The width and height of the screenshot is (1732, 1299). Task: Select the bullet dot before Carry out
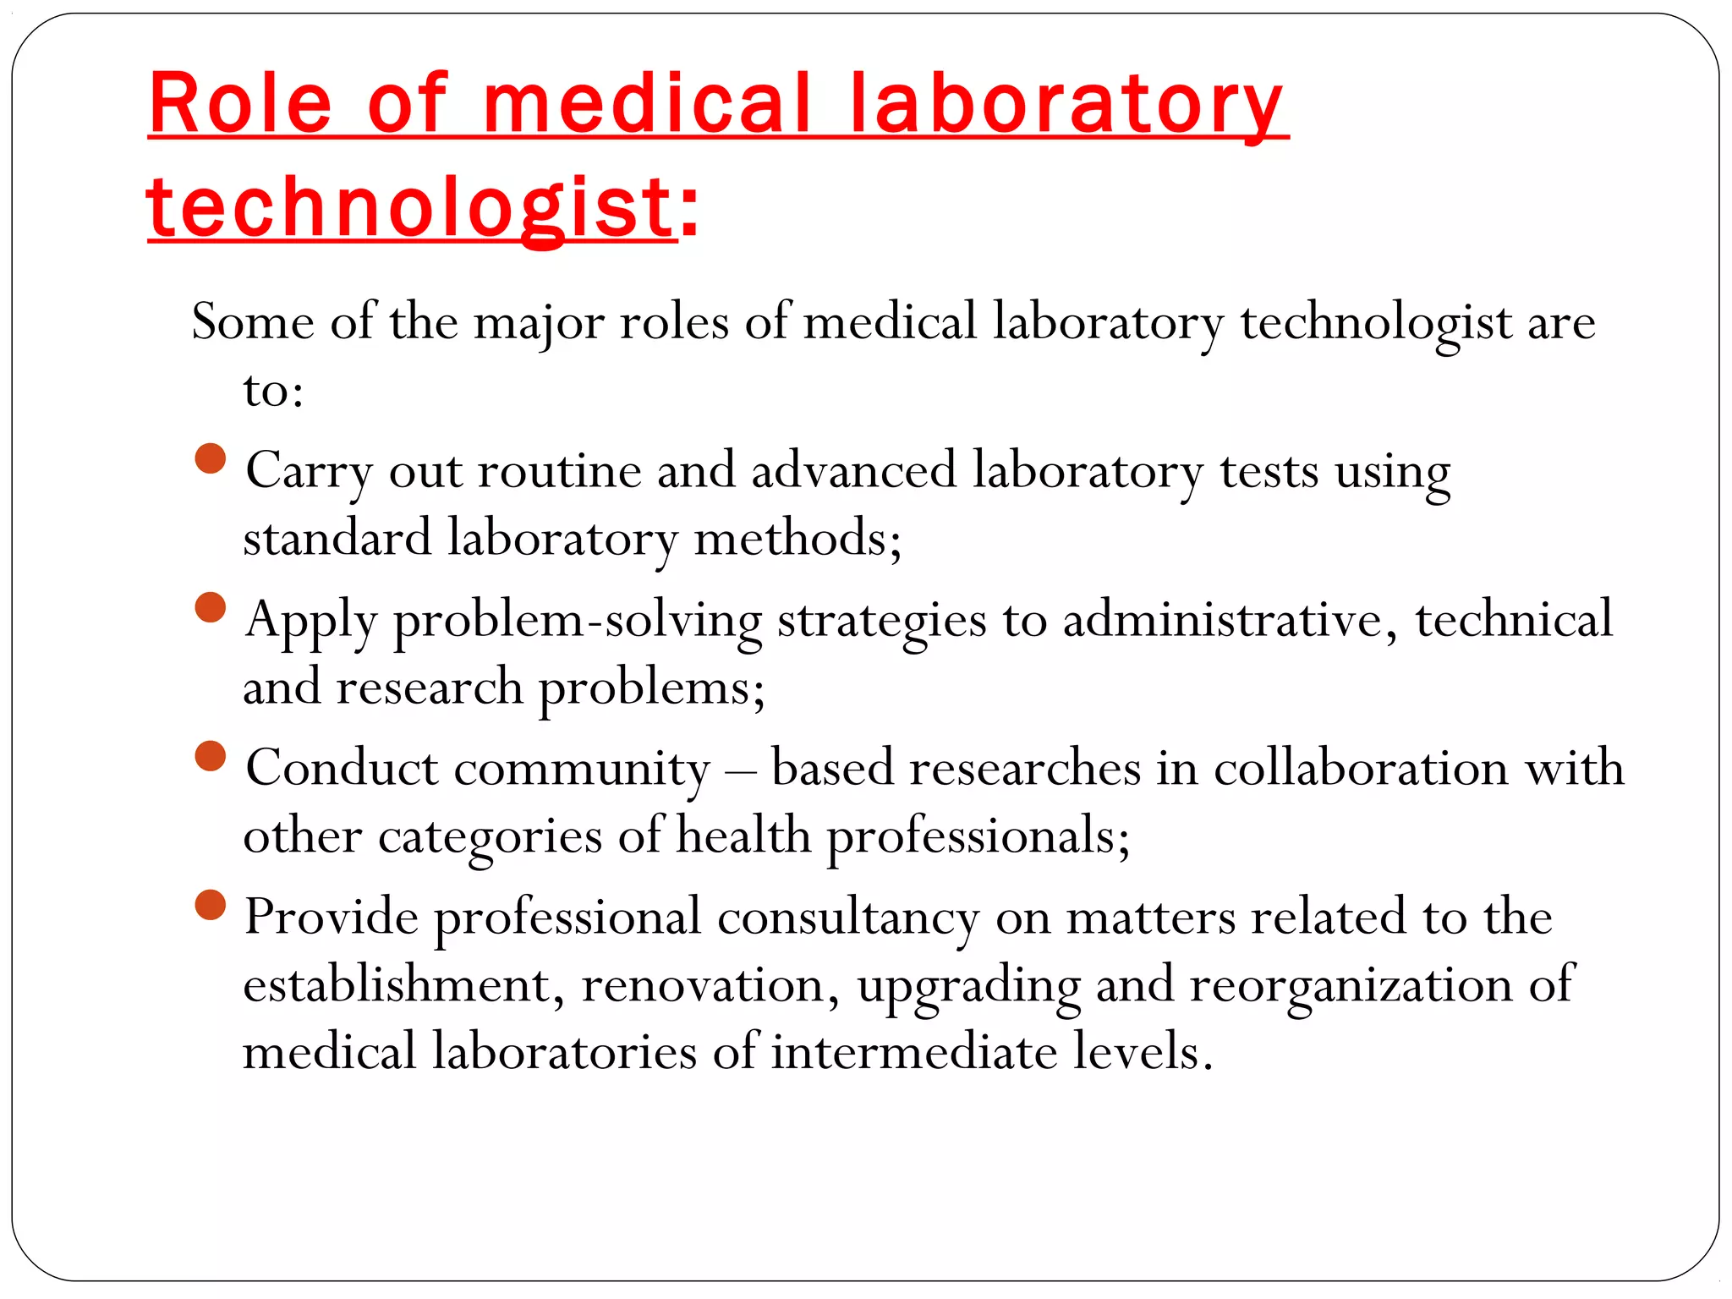(x=211, y=459)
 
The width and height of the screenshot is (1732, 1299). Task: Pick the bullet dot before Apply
(x=211, y=607)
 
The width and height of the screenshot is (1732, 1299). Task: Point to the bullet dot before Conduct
(x=211, y=756)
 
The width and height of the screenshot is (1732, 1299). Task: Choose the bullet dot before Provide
(x=211, y=905)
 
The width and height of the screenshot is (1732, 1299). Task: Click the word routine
(x=559, y=470)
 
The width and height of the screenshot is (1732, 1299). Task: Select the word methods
(x=796, y=539)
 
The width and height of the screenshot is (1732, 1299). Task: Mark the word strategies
(x=881, y=621)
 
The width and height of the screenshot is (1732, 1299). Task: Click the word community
(x=582, y=770)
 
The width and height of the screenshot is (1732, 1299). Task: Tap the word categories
(x=490, y=837)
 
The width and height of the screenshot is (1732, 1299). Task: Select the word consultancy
(x=848, y=918)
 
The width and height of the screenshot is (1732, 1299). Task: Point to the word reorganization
(x=1351, y=986)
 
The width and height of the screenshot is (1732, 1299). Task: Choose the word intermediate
(x=913, y=1052)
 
